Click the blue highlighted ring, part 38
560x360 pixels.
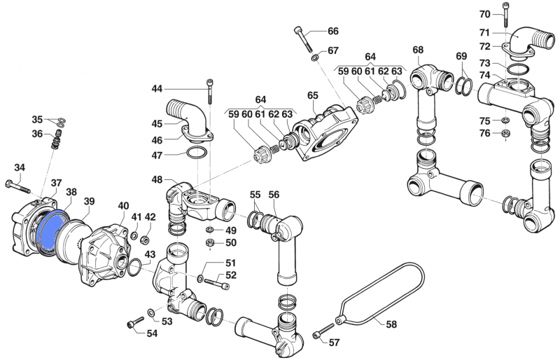coord(50,228)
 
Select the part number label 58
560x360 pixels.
coord(391,324)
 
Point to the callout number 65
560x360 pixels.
coord(313,95)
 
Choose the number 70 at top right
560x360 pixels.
coord(485,14)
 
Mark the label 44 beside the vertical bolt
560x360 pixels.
coord(157,88)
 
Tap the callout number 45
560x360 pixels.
coord(157,124)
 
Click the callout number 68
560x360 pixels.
coord(418,50)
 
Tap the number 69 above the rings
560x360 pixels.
coord(461,56)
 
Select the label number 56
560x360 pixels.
coord(274,195)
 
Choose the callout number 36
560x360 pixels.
coord(37,134)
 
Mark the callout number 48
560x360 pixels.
coord(157,179)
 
